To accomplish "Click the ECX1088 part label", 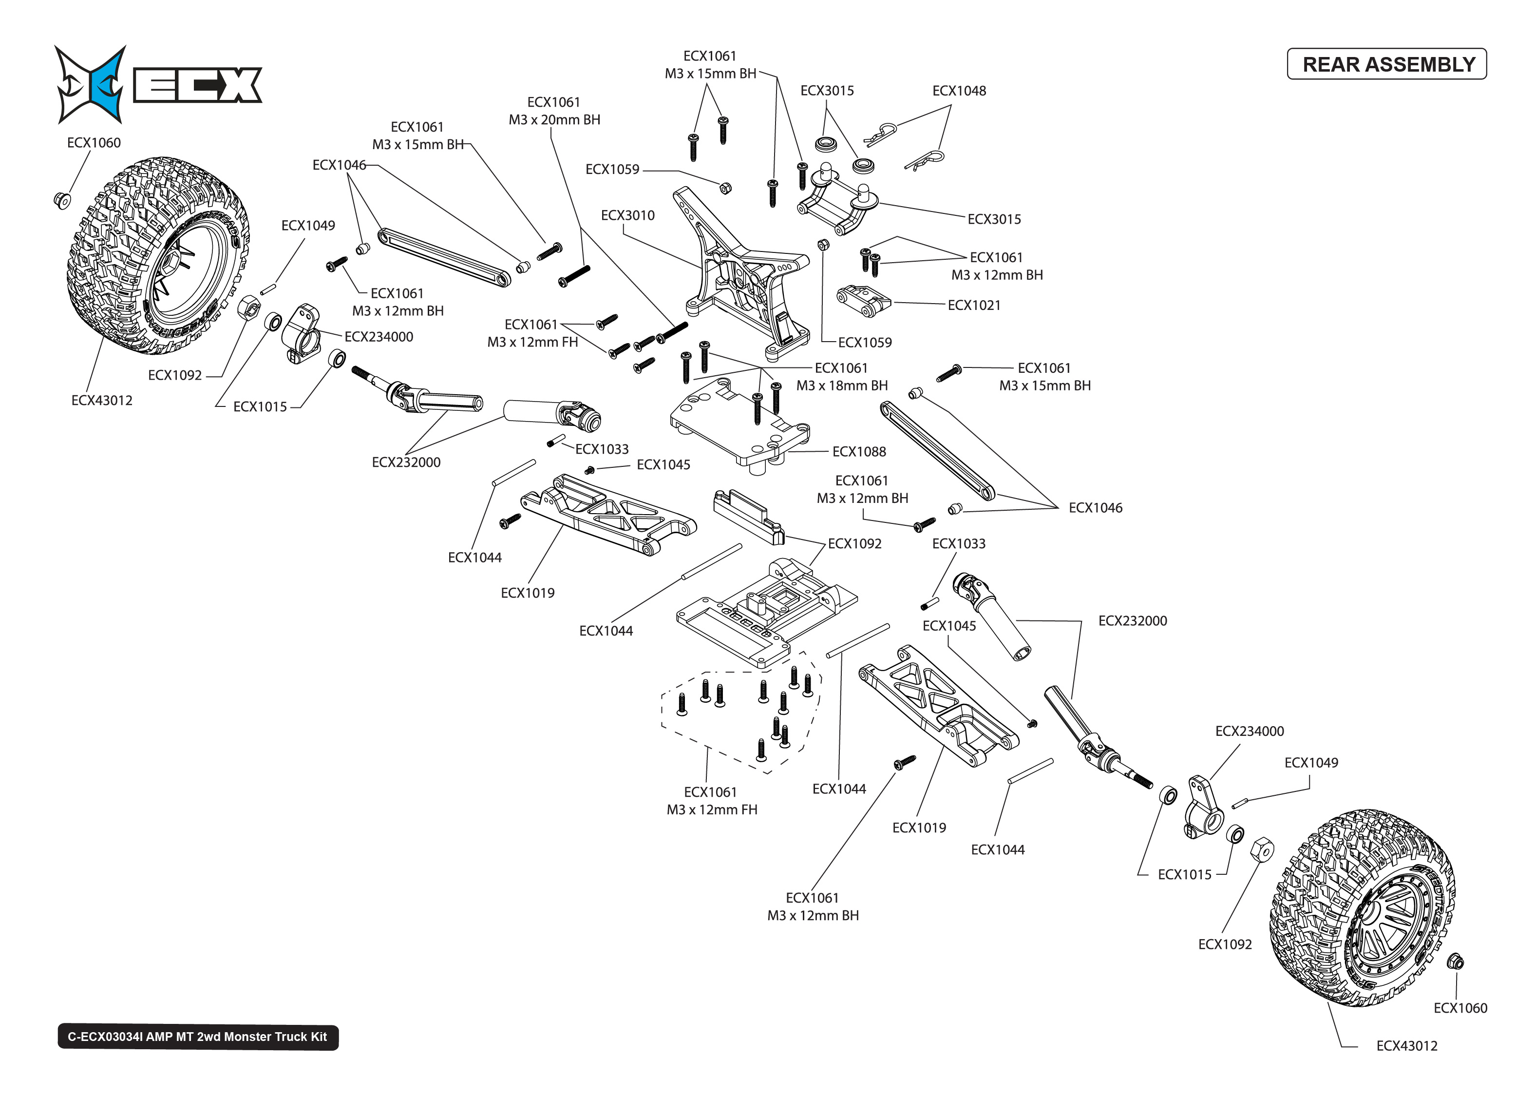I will pyautogui.click(x=859, y=452).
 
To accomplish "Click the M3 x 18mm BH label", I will pyautogui.click(x=842, y=385).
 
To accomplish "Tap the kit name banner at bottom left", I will pyautogui.click(x=198, y=1037).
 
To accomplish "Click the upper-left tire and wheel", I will pyautogui.click(x=159, y=257).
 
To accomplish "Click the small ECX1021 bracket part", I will pyautogui.click(x=863, y=301).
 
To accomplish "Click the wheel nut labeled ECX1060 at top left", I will pyautogui.click(x=61, y=200).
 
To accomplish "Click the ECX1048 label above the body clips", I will pyautogui.click(x=959, y=91).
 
